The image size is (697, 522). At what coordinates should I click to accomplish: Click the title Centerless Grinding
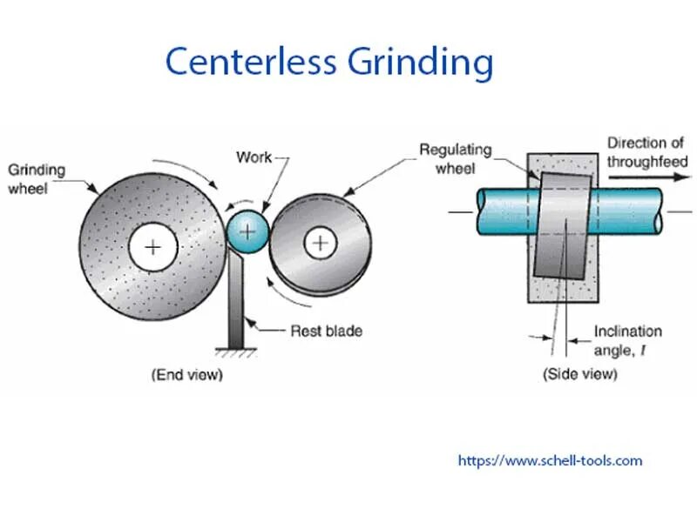328,63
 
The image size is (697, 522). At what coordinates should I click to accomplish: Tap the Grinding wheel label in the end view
37,177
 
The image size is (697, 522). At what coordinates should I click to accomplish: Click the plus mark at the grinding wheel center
153,248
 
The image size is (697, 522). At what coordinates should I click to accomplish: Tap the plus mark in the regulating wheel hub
321,241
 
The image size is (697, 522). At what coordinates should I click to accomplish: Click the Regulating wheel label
455,157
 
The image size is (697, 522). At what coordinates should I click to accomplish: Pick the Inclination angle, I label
627,340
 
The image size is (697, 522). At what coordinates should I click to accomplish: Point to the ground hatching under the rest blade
236,351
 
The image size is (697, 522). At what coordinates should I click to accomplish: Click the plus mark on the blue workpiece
248,231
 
